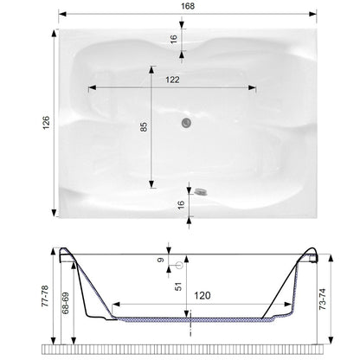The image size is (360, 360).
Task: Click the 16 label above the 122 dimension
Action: (173, 39)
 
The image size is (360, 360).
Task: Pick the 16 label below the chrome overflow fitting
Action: (179, 204)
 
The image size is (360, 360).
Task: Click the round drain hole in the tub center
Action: (184, 123)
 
